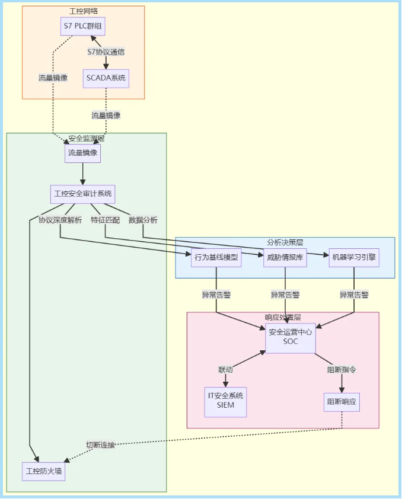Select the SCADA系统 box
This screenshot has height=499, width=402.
coord(106,78)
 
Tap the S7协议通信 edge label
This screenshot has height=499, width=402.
coord(106,52)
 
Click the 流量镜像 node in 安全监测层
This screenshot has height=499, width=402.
coord(82,153)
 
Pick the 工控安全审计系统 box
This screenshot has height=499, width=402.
coord(82,194)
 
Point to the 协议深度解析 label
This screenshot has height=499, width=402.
coord(60,220)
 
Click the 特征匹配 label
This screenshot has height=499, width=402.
coord(105,220)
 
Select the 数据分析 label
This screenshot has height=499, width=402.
coord(143,220)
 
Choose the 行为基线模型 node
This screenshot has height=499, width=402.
coord(216,258)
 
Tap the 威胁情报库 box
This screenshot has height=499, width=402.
coord(285,258)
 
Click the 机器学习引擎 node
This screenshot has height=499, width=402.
coord(354,258)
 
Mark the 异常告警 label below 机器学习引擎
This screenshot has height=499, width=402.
coord(354,295)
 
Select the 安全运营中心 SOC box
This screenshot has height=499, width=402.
coord(291,337)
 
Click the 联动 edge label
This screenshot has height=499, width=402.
coord(225,370)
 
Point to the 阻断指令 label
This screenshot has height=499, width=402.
coord(342,370)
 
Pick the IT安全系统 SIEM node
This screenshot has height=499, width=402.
coord(225,401)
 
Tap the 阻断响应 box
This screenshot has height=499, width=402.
coord(342,402)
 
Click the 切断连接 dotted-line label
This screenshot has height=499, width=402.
coord(100,445)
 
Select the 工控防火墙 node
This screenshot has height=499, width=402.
coord(43,472)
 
